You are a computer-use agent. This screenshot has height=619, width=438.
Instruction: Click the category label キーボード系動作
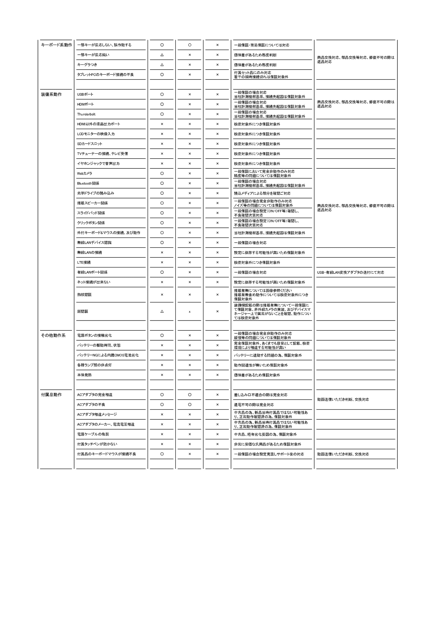[x=56, y=45]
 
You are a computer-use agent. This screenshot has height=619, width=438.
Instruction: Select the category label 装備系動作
[x=51, y=94]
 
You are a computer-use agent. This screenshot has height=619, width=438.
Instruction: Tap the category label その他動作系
[x=53, y=335]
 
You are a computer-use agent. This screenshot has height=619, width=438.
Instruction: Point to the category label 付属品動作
[x=51, y=395]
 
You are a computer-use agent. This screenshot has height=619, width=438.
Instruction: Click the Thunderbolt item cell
[x=86, y=114]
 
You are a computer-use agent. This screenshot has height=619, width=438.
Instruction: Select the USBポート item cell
[x=85, y=94]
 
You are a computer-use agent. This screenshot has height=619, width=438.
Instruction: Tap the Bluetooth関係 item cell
[x=88, y=183]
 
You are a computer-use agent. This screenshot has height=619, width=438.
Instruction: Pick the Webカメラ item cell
[x=84, y=174]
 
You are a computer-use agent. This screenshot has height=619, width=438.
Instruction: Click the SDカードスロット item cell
[x=90, y=144]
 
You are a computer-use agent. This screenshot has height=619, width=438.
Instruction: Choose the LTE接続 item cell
[x=84, y=263]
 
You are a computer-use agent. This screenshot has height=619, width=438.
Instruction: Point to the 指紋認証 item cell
[x=84, y=295]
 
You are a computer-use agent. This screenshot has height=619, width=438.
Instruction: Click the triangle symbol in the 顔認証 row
[x=162, y=311]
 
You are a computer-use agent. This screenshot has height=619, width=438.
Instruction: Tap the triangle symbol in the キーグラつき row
[x=162, y=65]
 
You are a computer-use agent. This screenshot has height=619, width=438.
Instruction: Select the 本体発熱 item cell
[x=84, y=375]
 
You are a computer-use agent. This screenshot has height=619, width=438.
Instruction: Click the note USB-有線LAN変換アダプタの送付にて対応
[x=351, y=272]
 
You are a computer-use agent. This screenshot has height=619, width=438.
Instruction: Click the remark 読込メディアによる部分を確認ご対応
[x=262, y=193]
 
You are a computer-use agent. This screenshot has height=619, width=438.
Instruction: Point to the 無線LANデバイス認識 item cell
[x=94, y=243]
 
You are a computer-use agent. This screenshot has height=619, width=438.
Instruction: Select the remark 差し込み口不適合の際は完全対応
[x=261, y=395]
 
